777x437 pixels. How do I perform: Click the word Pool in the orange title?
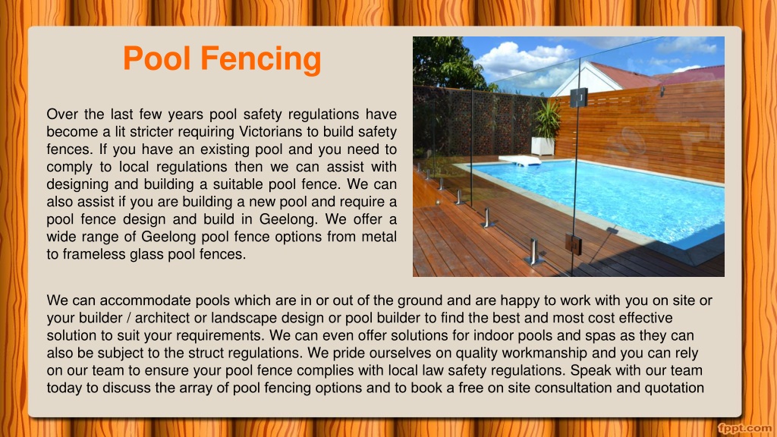point(156,58)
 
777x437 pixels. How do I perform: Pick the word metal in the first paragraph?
point(379,237)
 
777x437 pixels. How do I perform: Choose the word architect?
point(162,318)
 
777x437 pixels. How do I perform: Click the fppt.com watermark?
point(745,429)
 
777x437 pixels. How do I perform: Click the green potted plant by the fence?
point(546,119)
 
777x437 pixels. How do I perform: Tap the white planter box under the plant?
point(543,146)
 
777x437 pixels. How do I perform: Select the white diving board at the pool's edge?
point(520,160)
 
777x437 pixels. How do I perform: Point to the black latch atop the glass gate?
point(578,97)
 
